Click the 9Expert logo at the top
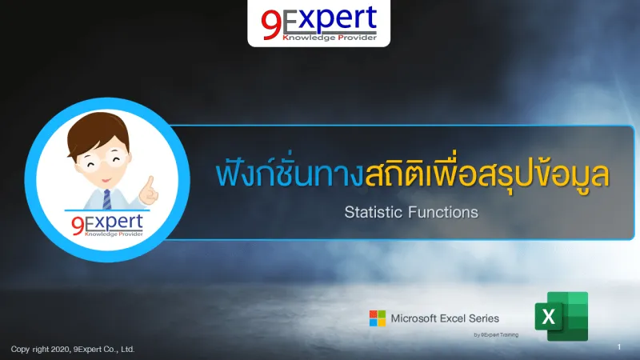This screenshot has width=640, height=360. click(x=318, y=22)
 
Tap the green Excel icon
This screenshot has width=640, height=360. click(x=566, y=316)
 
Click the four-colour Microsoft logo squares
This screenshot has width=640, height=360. click(x=377, y=318)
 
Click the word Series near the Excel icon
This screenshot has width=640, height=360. click(x=485, y=318)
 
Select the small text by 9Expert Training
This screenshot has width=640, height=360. click(x=496, y=334)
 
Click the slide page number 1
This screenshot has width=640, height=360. click(x=619, y=347)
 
